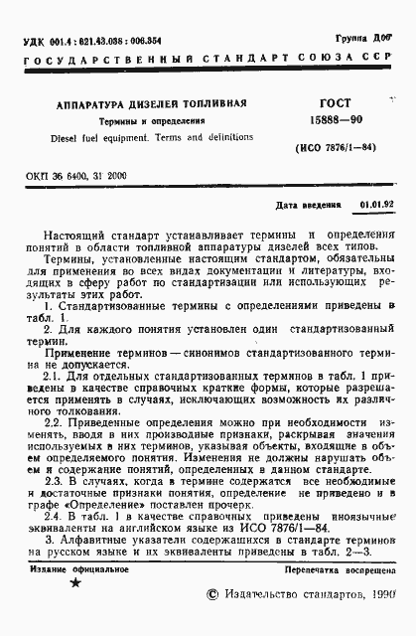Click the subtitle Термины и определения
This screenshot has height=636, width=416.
[x=143, y=120]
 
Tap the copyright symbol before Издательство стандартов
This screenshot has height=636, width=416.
[x=209, y=620]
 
